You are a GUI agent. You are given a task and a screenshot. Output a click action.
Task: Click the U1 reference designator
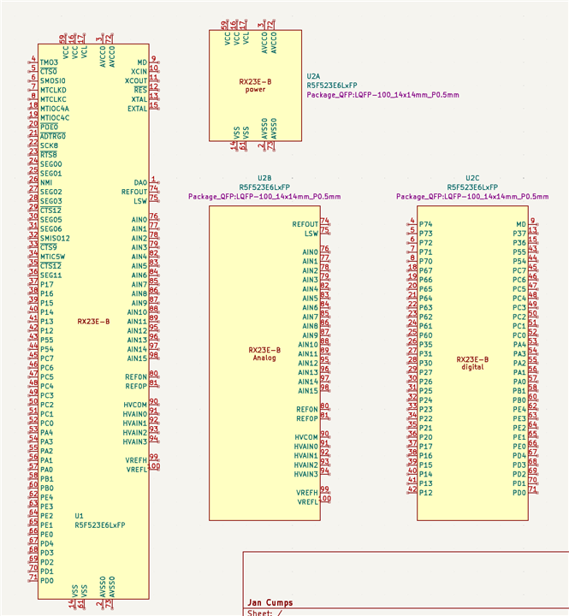pos(79,516)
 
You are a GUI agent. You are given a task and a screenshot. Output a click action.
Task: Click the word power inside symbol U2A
pos(255,89)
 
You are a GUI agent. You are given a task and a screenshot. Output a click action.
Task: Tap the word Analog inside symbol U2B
pos(264,358)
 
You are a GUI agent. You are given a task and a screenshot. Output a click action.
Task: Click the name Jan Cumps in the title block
pos(270,602)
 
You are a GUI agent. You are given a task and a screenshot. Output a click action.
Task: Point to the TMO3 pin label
pos(50,62)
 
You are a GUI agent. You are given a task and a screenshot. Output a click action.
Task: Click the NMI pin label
pos(46,182)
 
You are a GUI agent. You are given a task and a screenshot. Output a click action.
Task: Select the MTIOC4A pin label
pos(55,108)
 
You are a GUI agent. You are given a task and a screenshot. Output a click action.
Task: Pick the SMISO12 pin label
pos(55,238)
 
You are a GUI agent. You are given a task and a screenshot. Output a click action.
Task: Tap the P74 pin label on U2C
pos(426,224)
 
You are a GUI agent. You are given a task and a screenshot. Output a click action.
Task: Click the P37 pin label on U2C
pos(519,234)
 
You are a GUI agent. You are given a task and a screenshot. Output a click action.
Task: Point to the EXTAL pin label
pos(137,109)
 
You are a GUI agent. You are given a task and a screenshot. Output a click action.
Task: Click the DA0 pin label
pos(140,182)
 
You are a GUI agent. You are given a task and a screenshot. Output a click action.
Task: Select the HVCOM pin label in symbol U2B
pos(306,436)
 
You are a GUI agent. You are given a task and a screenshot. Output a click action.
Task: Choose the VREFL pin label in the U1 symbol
pos(137,469)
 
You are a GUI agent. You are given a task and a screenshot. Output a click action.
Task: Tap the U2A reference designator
pos(312,76)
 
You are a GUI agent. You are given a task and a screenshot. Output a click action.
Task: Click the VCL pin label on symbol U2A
pos(246,38)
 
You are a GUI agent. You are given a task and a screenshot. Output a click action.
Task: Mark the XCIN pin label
pos(139,71)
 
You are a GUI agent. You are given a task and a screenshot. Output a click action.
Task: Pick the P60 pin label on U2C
pos(426,335)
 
